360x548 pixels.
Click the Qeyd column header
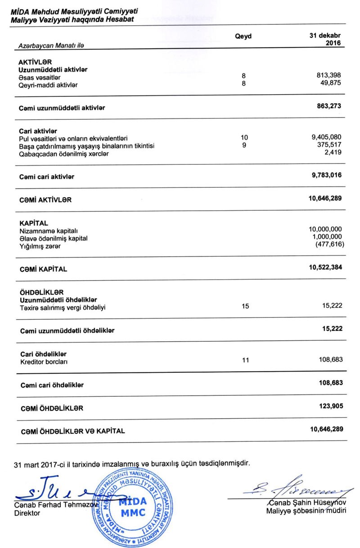tap(243, 36)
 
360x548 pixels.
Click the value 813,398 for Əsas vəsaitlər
tap(329, 76)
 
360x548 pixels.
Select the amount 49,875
tap(332, 83)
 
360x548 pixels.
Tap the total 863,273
tap(329, 106)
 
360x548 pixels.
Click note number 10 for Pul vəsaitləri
tap(244, 137)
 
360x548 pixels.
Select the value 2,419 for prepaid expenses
tap(333, 153)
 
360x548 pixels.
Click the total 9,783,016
tap(327, 176)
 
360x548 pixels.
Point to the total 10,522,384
tap(325, 267)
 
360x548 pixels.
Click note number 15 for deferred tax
tap(245, 306)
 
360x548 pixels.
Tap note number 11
tap(245, 360)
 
